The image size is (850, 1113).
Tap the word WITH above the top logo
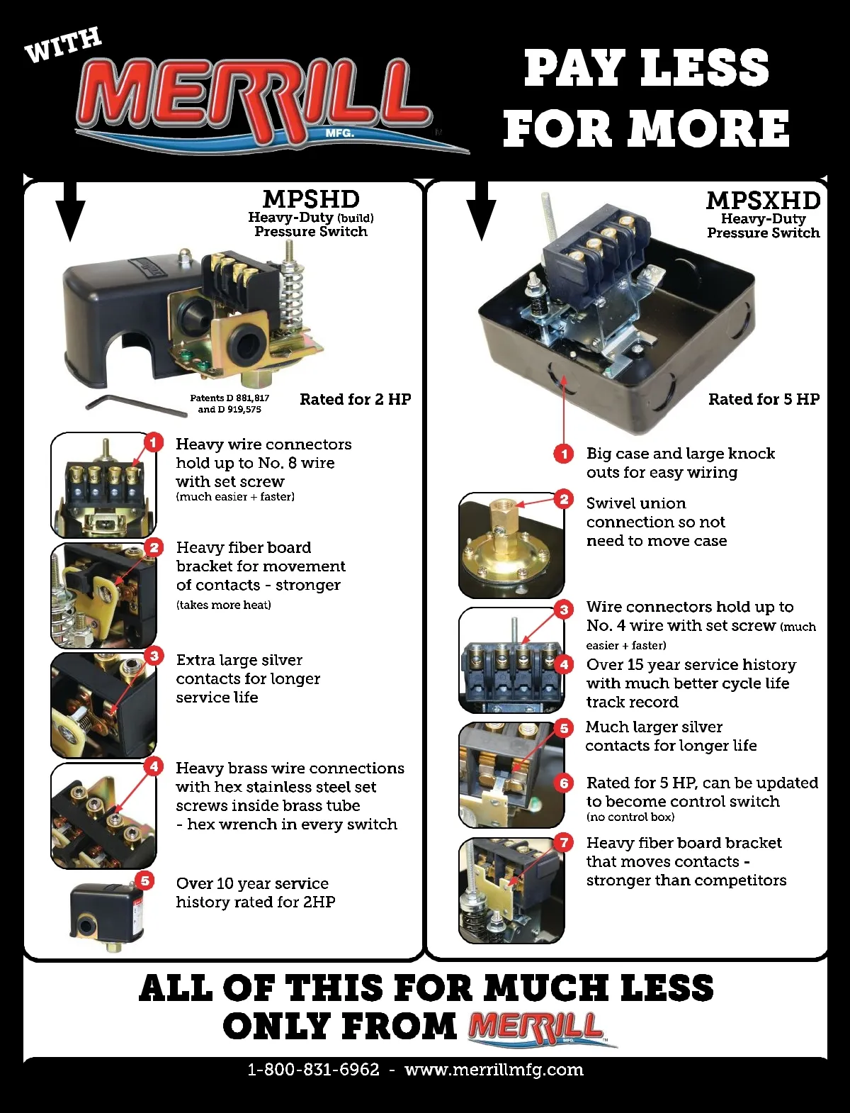pos(63,45)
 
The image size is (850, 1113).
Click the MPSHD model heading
pos(311,199)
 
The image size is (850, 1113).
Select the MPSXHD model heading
pos(764,201)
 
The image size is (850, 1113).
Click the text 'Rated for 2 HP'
pos(356,400)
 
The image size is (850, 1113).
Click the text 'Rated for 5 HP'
pos(764,400)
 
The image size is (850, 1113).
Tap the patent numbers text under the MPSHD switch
pos(229,403)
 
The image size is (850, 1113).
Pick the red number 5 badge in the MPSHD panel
pos(145,880)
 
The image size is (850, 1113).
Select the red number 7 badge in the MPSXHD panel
pos(563,843)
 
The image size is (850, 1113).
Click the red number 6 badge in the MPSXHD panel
pos(564,783)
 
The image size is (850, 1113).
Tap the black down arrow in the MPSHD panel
pos(70,211)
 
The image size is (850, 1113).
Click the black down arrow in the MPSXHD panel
pos(481,211)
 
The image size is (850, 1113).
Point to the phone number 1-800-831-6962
pos(314,1069)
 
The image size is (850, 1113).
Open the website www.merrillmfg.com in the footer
pos(494,1070)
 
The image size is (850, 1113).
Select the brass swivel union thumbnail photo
pos(511,545)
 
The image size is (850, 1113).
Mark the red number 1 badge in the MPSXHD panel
pos(563,453)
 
